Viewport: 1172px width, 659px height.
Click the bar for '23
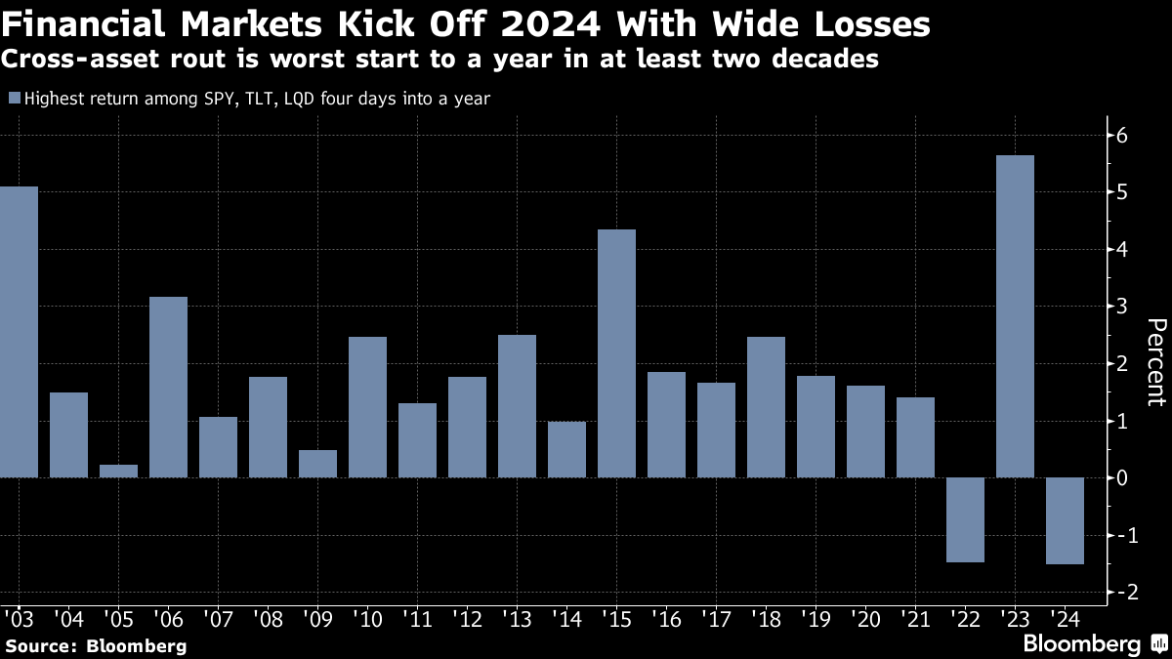[x=1015, y=316]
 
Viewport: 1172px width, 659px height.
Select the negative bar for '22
[x=965, y=519]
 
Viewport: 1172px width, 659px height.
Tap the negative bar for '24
[x=1065, y=520]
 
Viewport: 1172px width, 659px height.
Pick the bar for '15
[x=616, y=353]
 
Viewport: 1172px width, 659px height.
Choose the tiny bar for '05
[x=119, y=471]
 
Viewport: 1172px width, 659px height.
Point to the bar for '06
[x=168, y=387]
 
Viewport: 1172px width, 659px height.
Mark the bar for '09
[x=317, y=464]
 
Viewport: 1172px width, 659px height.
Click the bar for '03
[x=19, y=332]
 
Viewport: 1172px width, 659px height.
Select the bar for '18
[x=766, y=407]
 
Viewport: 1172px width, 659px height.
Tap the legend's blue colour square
[x=14, y=98]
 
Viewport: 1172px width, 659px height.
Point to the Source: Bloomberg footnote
[x=96, y=645]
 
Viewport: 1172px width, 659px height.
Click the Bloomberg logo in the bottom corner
[x=1093, y=643]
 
